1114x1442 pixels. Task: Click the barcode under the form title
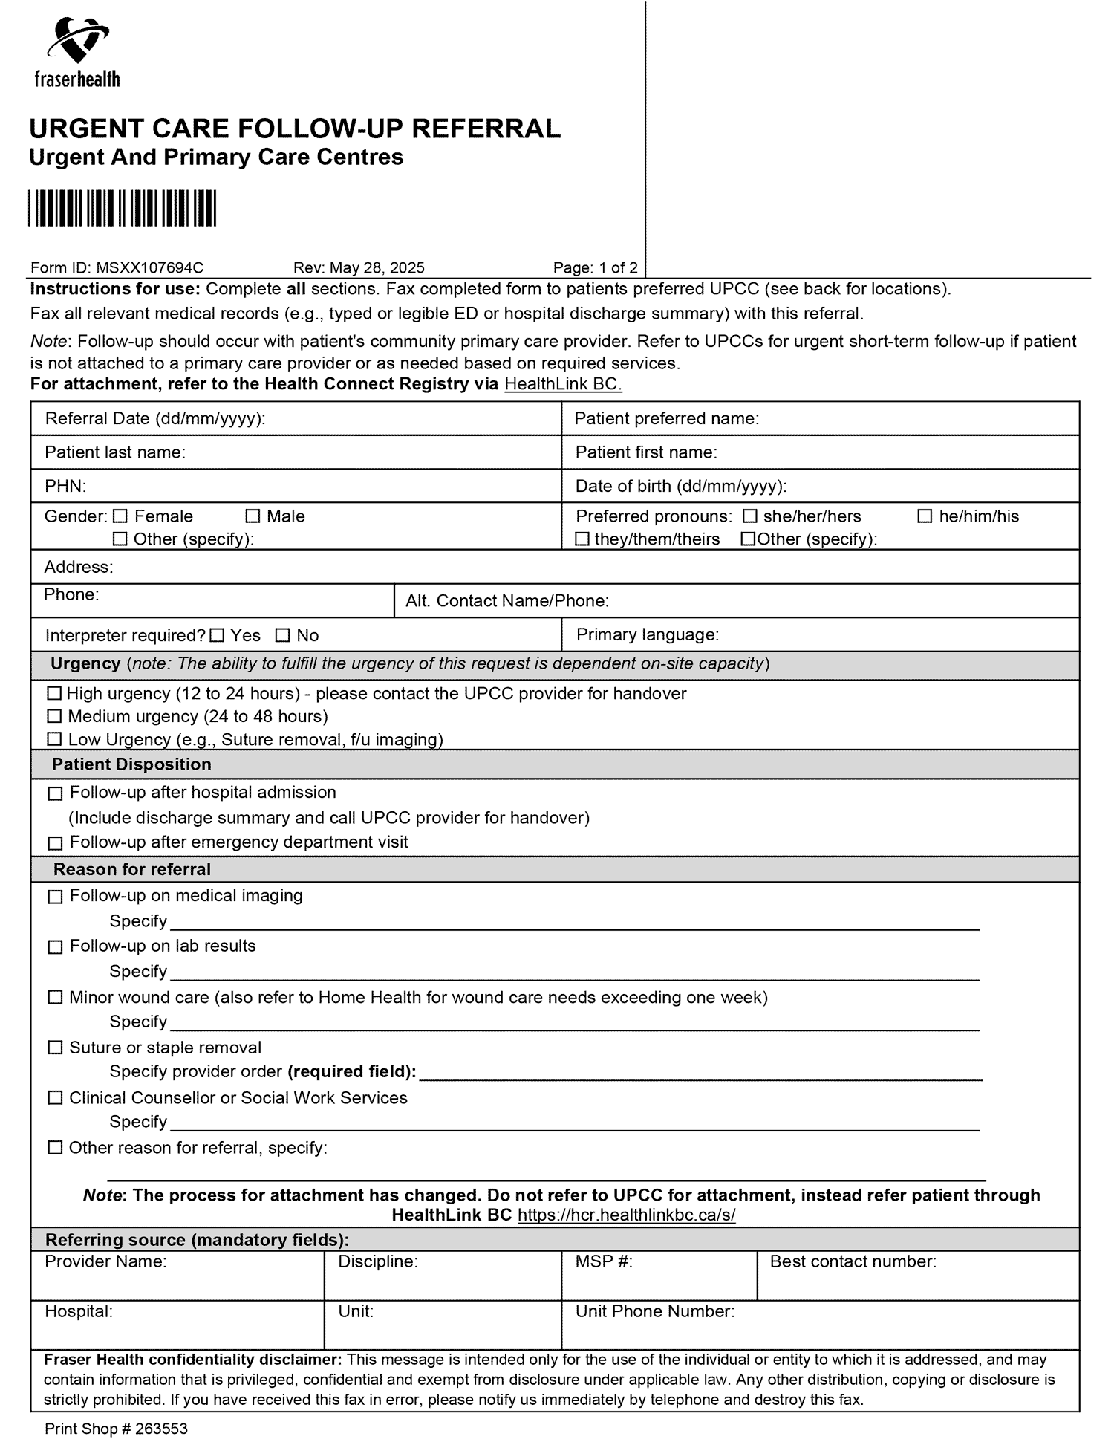coord(123,208)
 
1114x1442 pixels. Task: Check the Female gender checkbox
coord(121,516)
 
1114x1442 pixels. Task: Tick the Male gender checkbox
coord(253,516)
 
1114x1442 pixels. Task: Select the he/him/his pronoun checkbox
coord(925,516)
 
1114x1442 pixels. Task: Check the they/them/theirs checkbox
coord(583,539)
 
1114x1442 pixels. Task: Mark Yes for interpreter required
coord(217,635)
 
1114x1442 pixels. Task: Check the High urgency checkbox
coord(54,693)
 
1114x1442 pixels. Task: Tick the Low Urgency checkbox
coord(54,739)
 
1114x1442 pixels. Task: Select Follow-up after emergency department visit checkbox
coord(55,843)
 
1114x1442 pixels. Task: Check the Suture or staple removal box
coord(55,1048)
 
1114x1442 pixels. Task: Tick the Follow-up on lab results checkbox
coord(55,947)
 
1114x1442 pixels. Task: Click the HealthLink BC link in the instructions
coord(563,384)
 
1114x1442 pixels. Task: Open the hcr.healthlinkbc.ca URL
coord(626,1215)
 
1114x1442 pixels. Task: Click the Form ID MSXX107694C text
coord(117,267)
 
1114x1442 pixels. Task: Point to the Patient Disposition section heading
coord(131,764)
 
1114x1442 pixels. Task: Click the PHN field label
coord(65,486)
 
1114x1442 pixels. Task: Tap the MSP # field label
coord(604,1261)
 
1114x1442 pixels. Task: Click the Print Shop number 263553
coord(116,1428)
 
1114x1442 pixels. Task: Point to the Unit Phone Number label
coord(654,1311)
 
